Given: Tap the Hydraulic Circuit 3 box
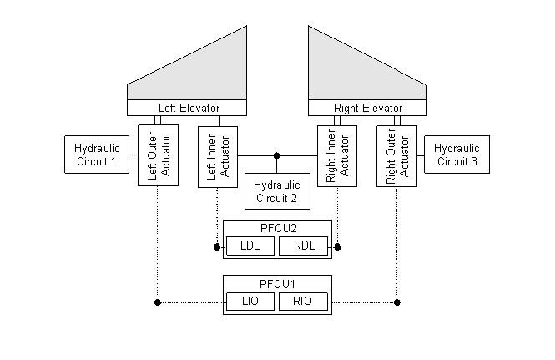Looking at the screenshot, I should point(456,155).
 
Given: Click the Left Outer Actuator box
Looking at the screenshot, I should point(158,155).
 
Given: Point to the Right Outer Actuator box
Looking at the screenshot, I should point(396,155).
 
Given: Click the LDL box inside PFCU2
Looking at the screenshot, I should point(250,246).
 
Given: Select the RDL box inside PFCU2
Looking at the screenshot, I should point(303,246).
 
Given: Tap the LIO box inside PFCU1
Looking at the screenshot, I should point(250,301).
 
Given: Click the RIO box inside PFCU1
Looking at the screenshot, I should point(303,301).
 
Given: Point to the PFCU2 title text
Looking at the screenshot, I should point(277,227).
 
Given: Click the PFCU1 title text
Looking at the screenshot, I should point(277,282).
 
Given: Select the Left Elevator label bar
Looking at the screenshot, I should point(188,108).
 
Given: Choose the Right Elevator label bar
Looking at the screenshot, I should point(367,108).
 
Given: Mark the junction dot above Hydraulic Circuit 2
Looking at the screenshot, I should point(277,155).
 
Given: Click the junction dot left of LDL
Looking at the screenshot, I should point(217,247).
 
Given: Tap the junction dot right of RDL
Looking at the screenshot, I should point(337,247).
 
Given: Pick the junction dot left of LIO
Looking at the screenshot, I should point(158,301).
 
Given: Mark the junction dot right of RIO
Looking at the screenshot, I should point(396,301).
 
